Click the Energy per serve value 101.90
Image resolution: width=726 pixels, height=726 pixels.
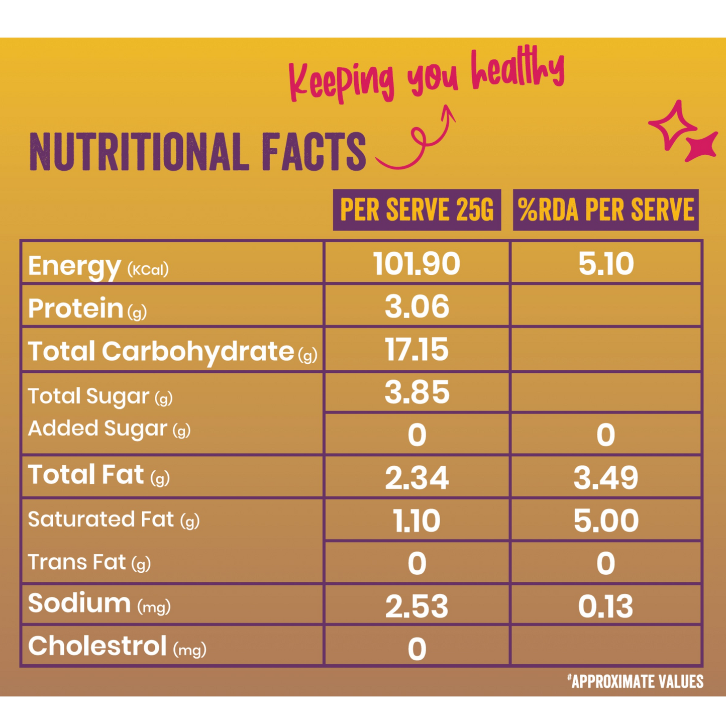pos(417,264)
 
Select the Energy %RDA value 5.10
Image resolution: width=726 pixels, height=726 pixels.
pos(606,264)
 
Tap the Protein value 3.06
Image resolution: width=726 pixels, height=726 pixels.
pos(417,306)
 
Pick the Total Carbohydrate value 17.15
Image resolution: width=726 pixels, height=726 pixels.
pos(417,350)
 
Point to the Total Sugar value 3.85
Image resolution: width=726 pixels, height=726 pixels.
pos(417,392)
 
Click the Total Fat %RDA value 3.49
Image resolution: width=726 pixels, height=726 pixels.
pos(606,478)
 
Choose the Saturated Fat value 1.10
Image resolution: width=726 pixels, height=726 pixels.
pos(417,521)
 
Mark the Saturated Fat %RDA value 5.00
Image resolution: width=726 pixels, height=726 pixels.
pos(606,521)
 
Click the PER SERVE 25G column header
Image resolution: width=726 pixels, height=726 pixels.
pos(417,210)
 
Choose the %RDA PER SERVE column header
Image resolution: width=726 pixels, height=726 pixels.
pos(606,210)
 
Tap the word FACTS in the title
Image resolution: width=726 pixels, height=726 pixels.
pos(314,152)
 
